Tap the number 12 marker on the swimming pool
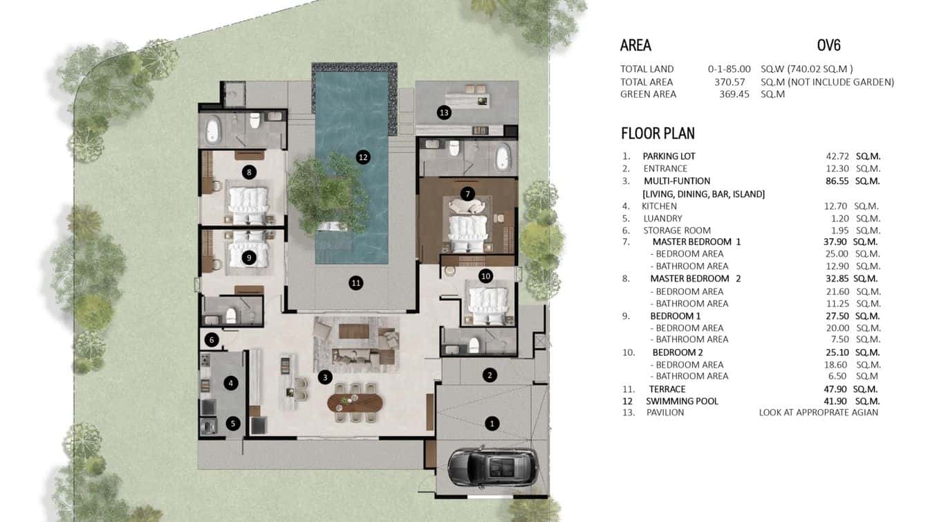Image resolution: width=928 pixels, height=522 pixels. click(363, 157)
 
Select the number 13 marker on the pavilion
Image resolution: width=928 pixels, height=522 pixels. click(443, 112)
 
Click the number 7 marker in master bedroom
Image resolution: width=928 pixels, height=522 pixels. click(468, 194)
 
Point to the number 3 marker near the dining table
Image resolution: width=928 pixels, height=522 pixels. click(324, 377)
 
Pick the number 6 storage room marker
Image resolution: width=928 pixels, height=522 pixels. click(212, 340)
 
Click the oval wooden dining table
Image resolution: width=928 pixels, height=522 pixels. click(354, 402)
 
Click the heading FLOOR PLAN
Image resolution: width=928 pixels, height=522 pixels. click(658, 134)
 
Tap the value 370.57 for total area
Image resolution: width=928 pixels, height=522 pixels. click(734, 82)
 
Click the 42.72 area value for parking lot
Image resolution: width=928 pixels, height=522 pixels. click(830, 156)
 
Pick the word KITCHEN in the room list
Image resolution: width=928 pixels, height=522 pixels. click(659, 206)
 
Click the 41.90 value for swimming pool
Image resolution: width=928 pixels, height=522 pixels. click(830, 402)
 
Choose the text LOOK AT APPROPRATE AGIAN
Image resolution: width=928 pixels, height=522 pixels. click(819, 413)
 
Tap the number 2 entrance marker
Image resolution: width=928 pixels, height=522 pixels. click(490, 375)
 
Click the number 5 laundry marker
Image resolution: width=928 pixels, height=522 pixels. click(233, 423)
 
